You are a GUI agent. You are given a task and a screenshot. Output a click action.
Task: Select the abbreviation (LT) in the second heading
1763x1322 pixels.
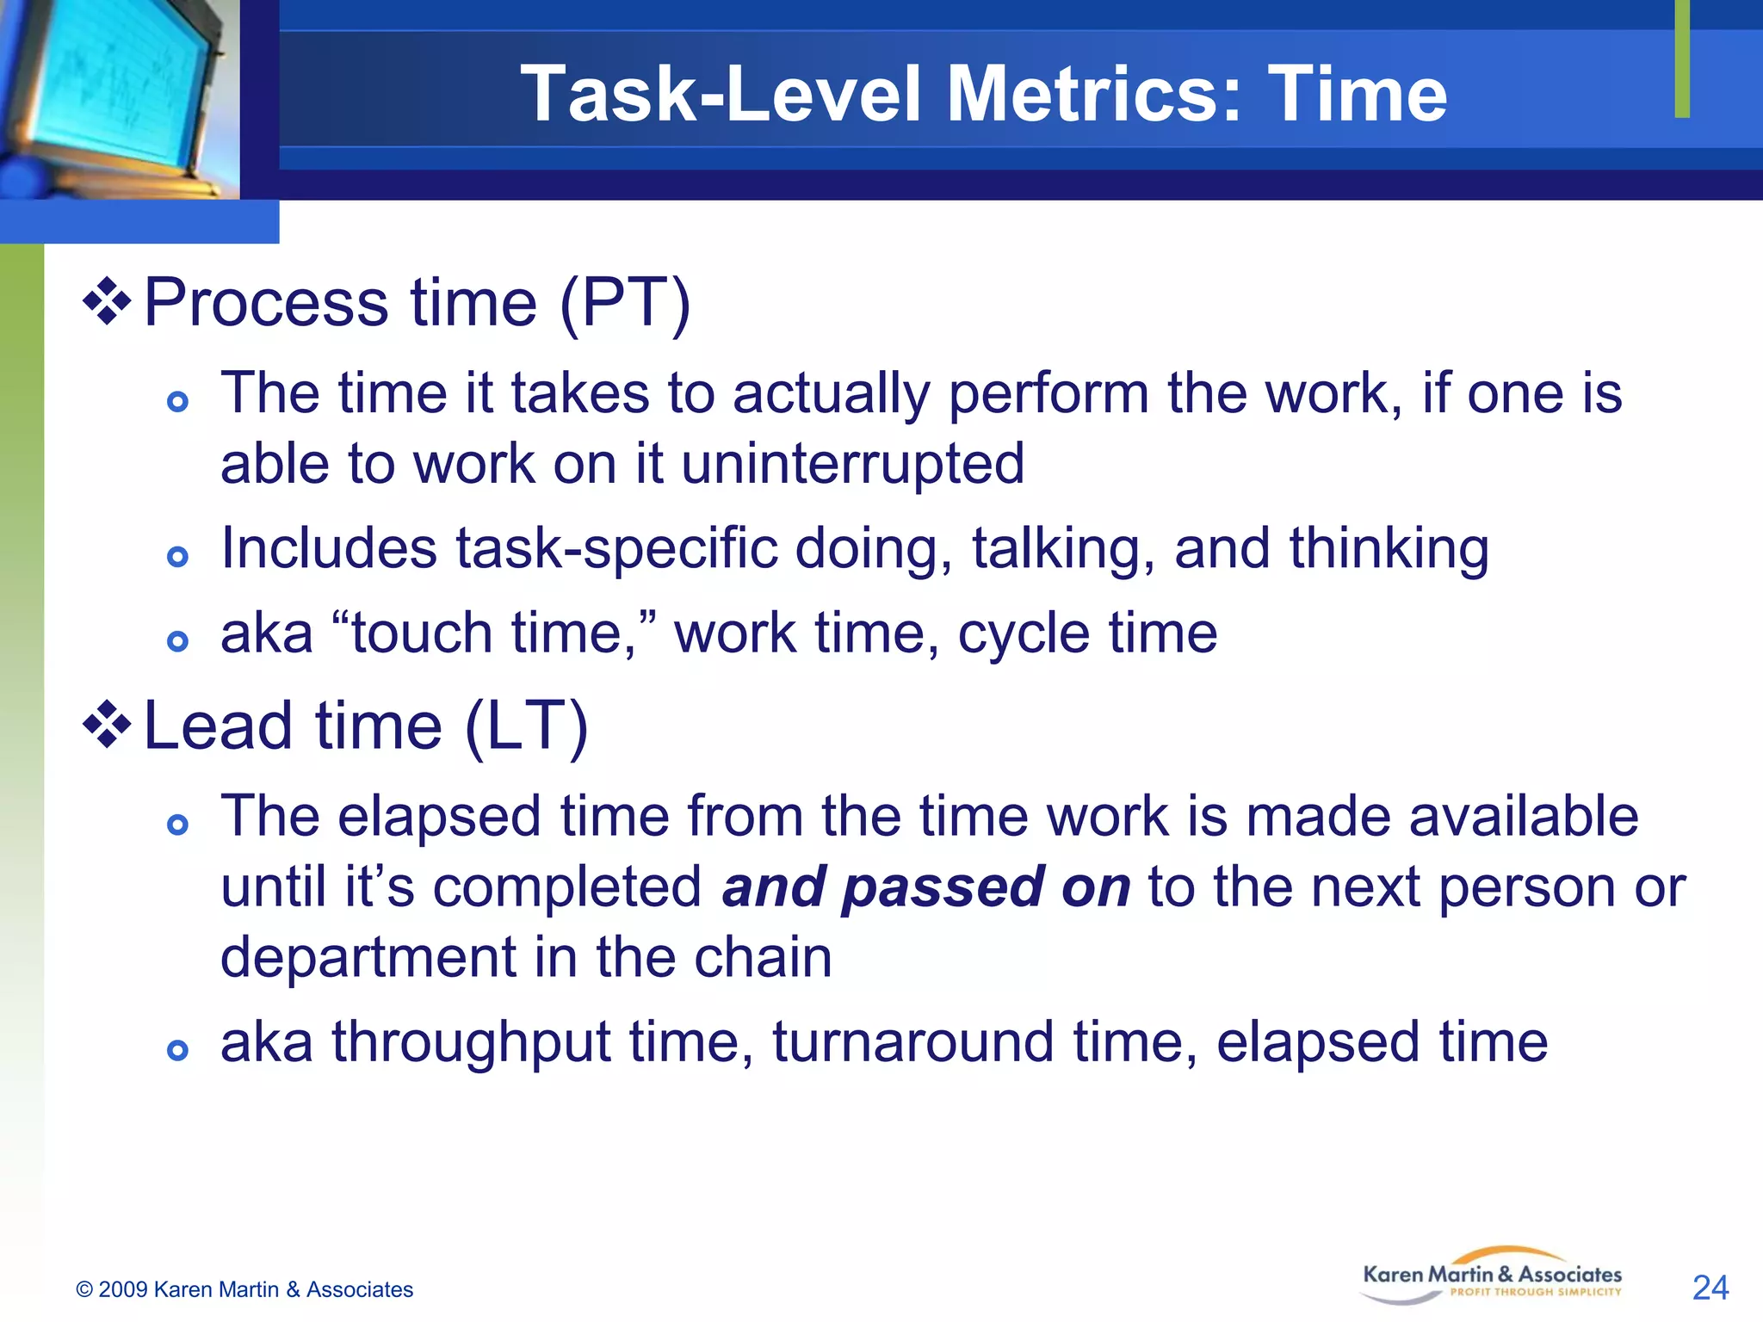pyautogui.click(x=527, y=726)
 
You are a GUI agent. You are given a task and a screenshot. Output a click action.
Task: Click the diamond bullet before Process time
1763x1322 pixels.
pyautogui.click(x=107, y=301)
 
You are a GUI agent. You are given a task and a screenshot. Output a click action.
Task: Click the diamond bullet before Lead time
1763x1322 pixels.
pyautogui.click(x=107, y=725)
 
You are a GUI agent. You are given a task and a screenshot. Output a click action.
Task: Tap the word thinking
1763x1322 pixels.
pyautogui.click(x=1389, y=549)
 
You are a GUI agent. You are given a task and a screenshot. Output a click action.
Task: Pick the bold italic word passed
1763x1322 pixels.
pyautogui.click(x=942, y=887)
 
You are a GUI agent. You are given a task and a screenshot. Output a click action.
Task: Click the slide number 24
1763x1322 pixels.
pyautogui.click(x=1710, y=1288)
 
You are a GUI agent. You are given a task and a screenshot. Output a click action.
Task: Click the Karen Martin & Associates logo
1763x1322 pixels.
pyautogui.click(x=1492, y=1276)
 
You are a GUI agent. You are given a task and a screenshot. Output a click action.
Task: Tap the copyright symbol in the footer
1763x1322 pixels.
pyautogui.click(x=84, y=1290)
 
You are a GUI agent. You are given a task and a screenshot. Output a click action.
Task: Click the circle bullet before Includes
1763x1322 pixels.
pyautogui.click(x=177, y=557)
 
